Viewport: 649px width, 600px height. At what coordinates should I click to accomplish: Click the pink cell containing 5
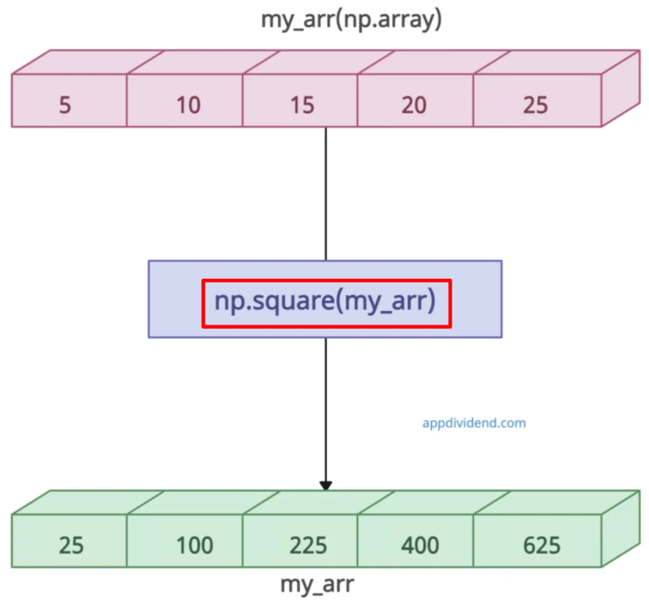(65, 105)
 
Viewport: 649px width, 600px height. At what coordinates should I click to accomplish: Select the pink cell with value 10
(188, 105)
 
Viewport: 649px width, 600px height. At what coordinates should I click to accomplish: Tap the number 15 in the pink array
(302, 105)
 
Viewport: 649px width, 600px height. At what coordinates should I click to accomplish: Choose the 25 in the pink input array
(535, 105)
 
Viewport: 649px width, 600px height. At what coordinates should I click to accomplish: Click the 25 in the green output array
(71, 545)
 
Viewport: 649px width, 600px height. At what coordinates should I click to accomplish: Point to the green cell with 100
(194, 545)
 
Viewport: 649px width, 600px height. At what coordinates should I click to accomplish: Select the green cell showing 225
(307, 545)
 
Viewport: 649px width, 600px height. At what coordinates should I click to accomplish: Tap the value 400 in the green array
(421, 545)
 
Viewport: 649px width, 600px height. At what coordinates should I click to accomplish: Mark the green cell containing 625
(541, 545)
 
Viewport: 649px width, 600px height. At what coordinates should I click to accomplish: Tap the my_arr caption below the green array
(317, 584)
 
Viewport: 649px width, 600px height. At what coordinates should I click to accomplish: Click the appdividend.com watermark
(474, 422)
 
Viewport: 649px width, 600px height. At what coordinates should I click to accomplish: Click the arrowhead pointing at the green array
(326, 485)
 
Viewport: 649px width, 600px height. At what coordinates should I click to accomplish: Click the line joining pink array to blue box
(326, 194)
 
